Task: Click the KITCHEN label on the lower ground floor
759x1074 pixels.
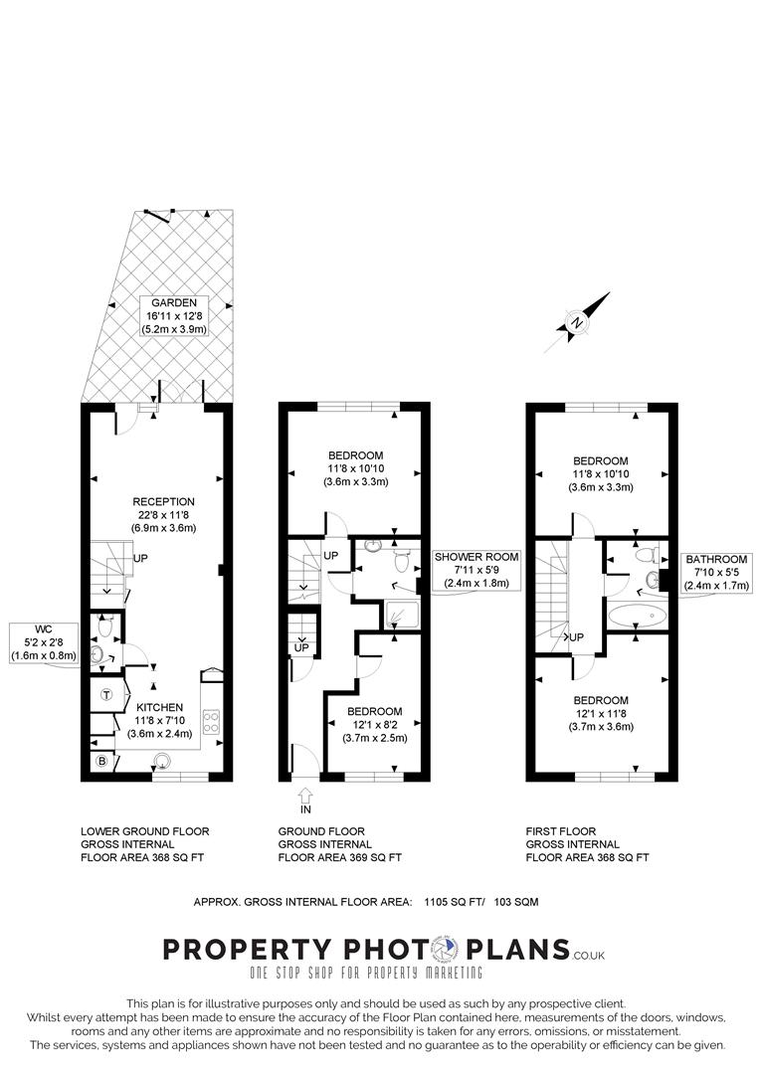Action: click(153, 707)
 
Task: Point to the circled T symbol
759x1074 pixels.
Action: click(105, 695)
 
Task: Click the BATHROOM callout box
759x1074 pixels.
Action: click(714, 574)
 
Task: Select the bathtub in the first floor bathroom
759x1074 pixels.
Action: click(637, 617)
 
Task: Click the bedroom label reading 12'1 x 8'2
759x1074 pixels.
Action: click(374, 724)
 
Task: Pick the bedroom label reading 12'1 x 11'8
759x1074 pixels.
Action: click(600, 713)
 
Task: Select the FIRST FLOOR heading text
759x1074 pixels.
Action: click(561, 830)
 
